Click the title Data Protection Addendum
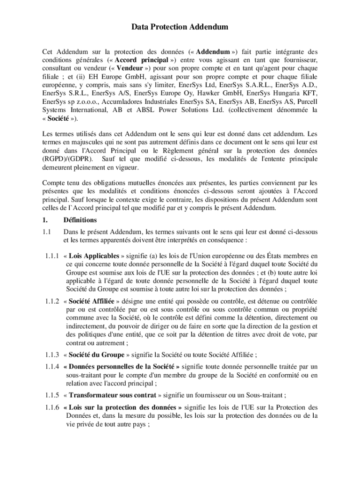(180, 27)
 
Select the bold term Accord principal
(141, 60)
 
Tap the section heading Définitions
(80, 220)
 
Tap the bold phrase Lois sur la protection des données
(122, 406)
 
